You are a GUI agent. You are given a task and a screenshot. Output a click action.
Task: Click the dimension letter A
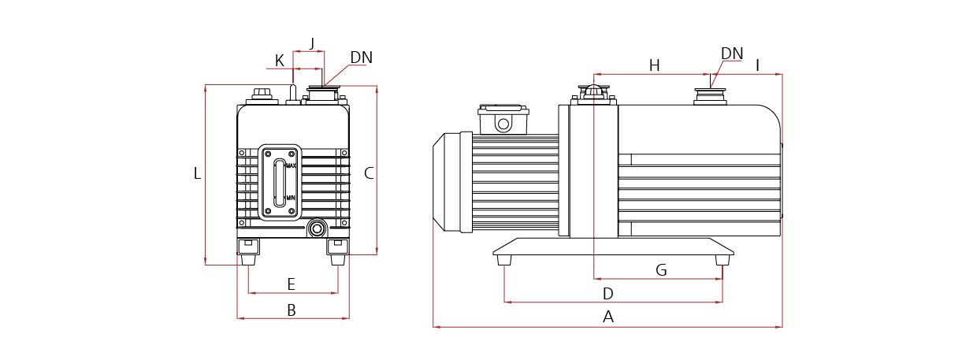[x=607, y=317]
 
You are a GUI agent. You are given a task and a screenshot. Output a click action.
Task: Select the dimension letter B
[x=291, y=310]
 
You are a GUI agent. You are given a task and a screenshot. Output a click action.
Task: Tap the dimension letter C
[x=369, y=173]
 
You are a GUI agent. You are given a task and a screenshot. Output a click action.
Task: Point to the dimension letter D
[x=607, y=294]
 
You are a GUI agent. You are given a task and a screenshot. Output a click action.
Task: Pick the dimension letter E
[x=291, y=284]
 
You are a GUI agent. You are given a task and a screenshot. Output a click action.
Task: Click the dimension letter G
[x=661, y=270]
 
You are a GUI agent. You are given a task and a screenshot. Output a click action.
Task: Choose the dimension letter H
[x=654, y=65]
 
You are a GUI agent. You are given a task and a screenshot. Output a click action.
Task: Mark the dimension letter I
[x=757, y=65]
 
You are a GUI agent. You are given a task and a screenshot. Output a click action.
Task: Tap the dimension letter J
[x=312, y=43]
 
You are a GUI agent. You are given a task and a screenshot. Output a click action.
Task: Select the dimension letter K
[x=280, y=61]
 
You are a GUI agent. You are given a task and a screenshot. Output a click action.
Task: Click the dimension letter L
[x=197, y=173]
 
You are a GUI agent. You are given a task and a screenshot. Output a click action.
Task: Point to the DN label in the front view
[x=361, y=58]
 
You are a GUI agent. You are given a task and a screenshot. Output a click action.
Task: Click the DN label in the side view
[x=732, y=54]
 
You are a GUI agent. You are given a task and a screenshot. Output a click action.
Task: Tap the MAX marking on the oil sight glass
[x=291, y=165]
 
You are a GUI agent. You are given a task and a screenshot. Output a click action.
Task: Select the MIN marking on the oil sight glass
[x=290, y=197]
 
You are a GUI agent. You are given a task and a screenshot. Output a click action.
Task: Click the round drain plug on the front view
[x=317, y=228]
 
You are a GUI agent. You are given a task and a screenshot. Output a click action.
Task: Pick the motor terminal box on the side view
[x=503, y=120]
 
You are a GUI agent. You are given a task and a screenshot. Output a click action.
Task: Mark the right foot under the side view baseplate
[x=723, y=259]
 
